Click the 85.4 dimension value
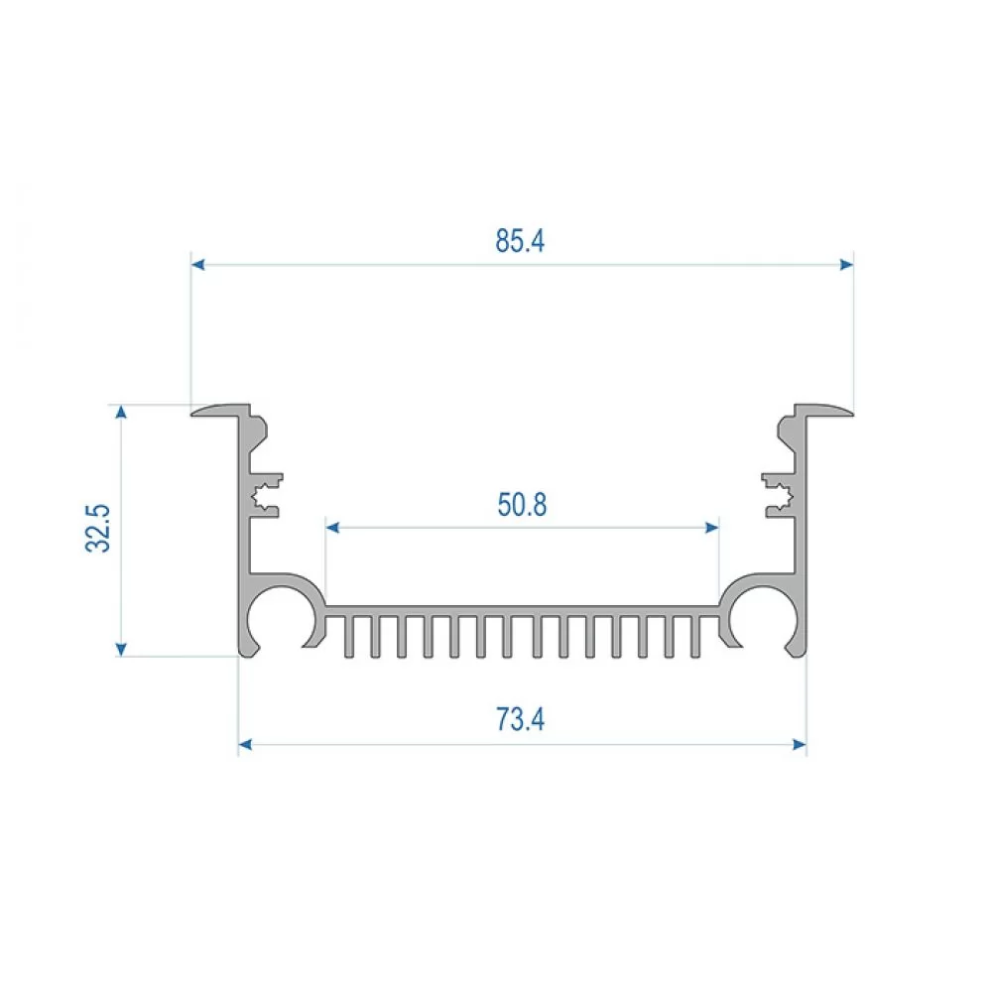520,241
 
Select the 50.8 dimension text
522,505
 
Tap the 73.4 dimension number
520,719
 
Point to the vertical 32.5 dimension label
98,529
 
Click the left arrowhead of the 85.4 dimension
197,265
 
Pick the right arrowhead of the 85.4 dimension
846,265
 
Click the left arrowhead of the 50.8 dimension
332,527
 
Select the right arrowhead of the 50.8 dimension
711,527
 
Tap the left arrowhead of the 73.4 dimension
245,744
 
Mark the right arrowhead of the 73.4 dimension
800,744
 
